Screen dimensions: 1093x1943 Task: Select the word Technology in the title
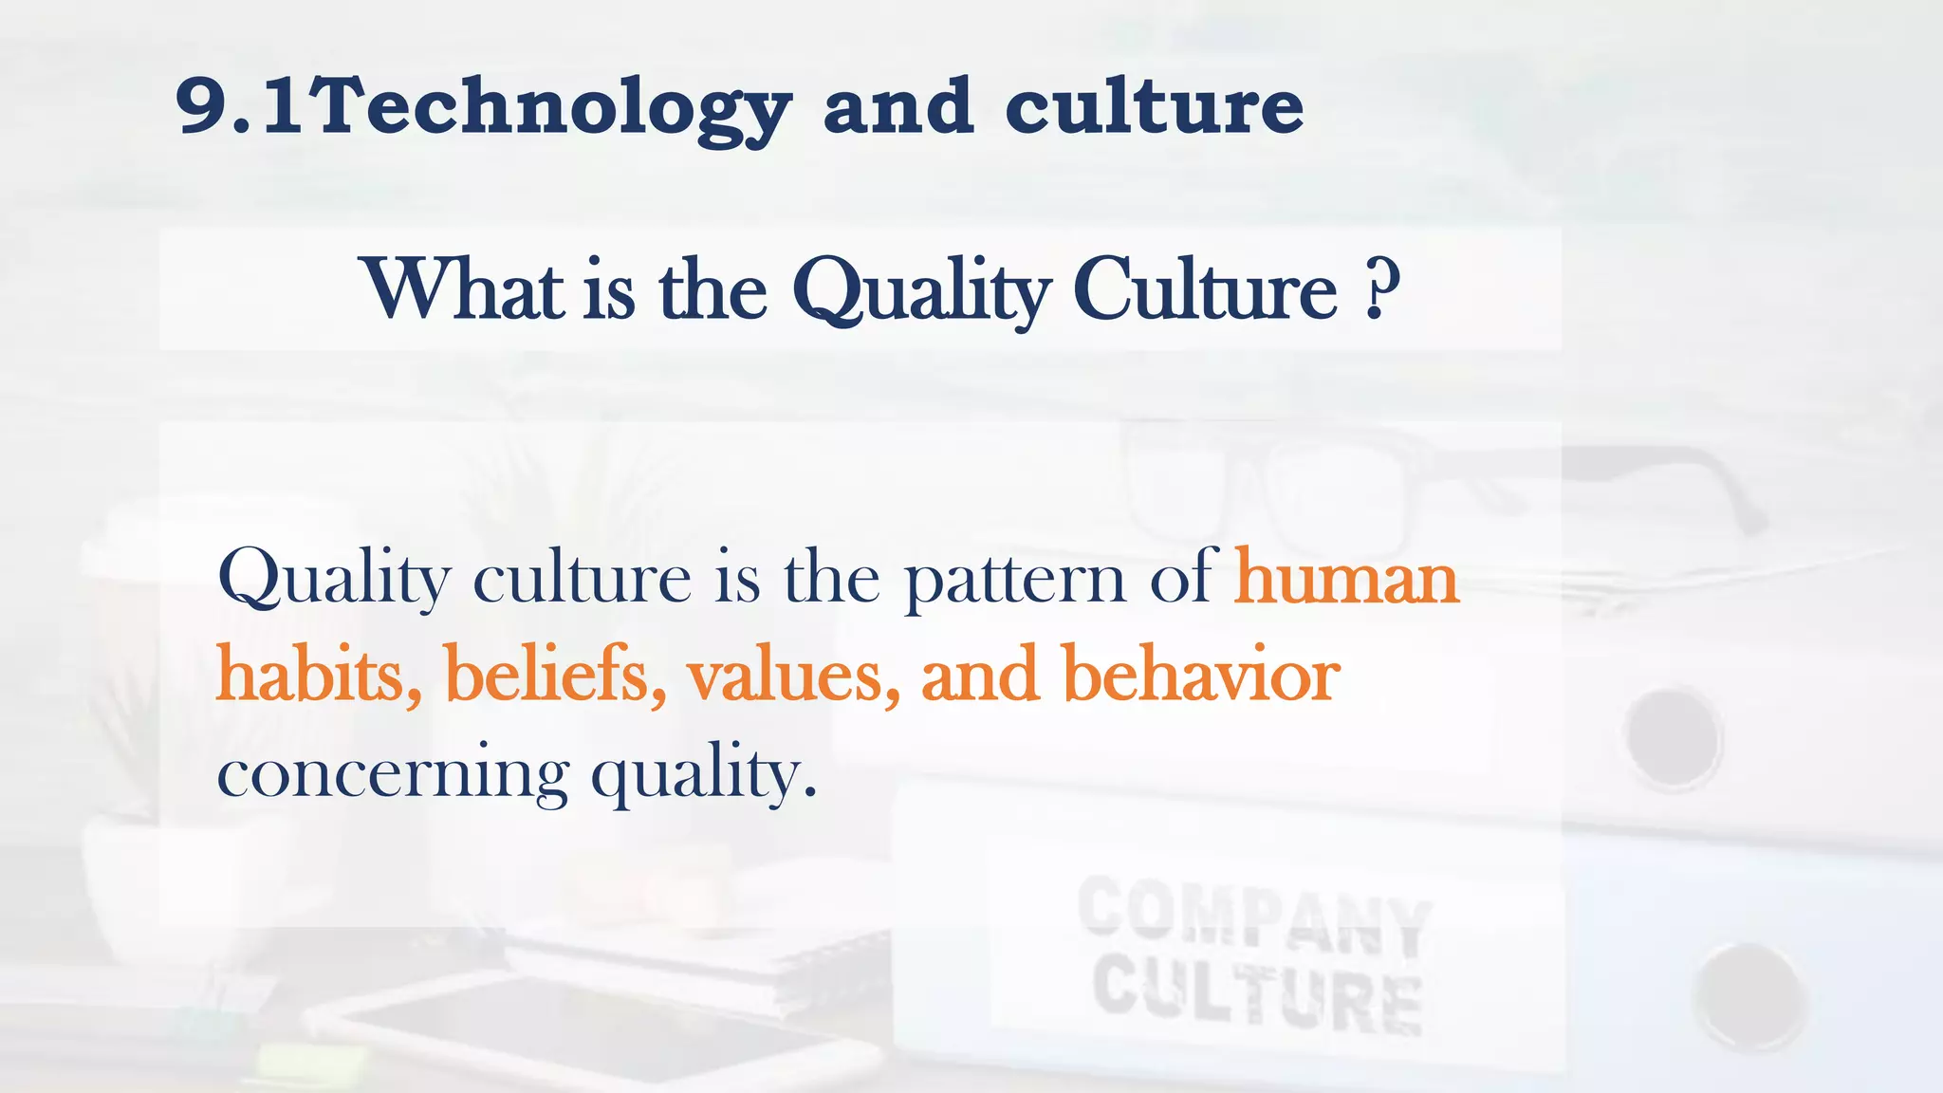click(x=550, y=108)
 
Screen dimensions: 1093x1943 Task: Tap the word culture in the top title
click(x=1154, y=106)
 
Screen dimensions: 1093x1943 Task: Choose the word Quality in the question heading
click(x=921, y=291)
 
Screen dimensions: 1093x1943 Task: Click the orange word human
click(x=1345, y=578)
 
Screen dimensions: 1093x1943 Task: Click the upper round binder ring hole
click(x=1673, y=736)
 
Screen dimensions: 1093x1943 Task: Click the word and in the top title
click(x=897, y=106)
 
